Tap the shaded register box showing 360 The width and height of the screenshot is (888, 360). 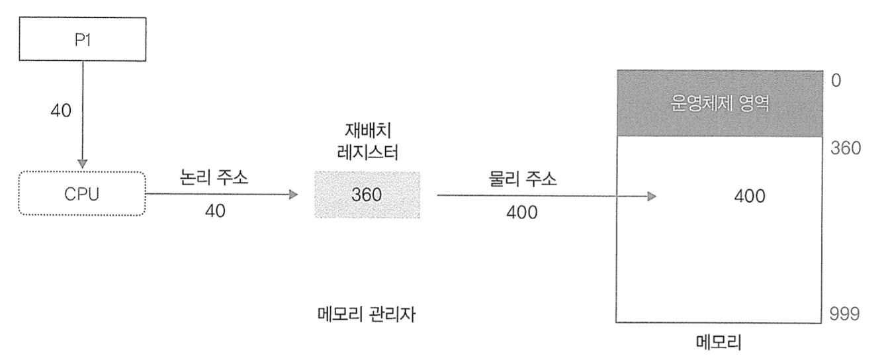click(367, 195)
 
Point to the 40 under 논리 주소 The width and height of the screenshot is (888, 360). click(214, 211)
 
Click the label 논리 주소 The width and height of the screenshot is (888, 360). click(214, 179)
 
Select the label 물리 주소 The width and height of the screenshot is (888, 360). click(519, 179)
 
